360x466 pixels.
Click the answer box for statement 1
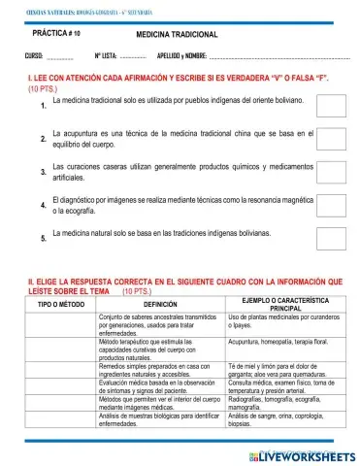pyautogui.click(x=331, y=106)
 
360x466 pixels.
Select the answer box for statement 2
pyautogui.click(x=331, y=139)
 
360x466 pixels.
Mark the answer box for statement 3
pyautogui.click(x=331, y=173)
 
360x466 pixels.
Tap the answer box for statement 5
pyautogui.click(x=331, y=238)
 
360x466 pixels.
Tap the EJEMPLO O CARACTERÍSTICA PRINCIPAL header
pyautogui.click(x=285, y=304)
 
